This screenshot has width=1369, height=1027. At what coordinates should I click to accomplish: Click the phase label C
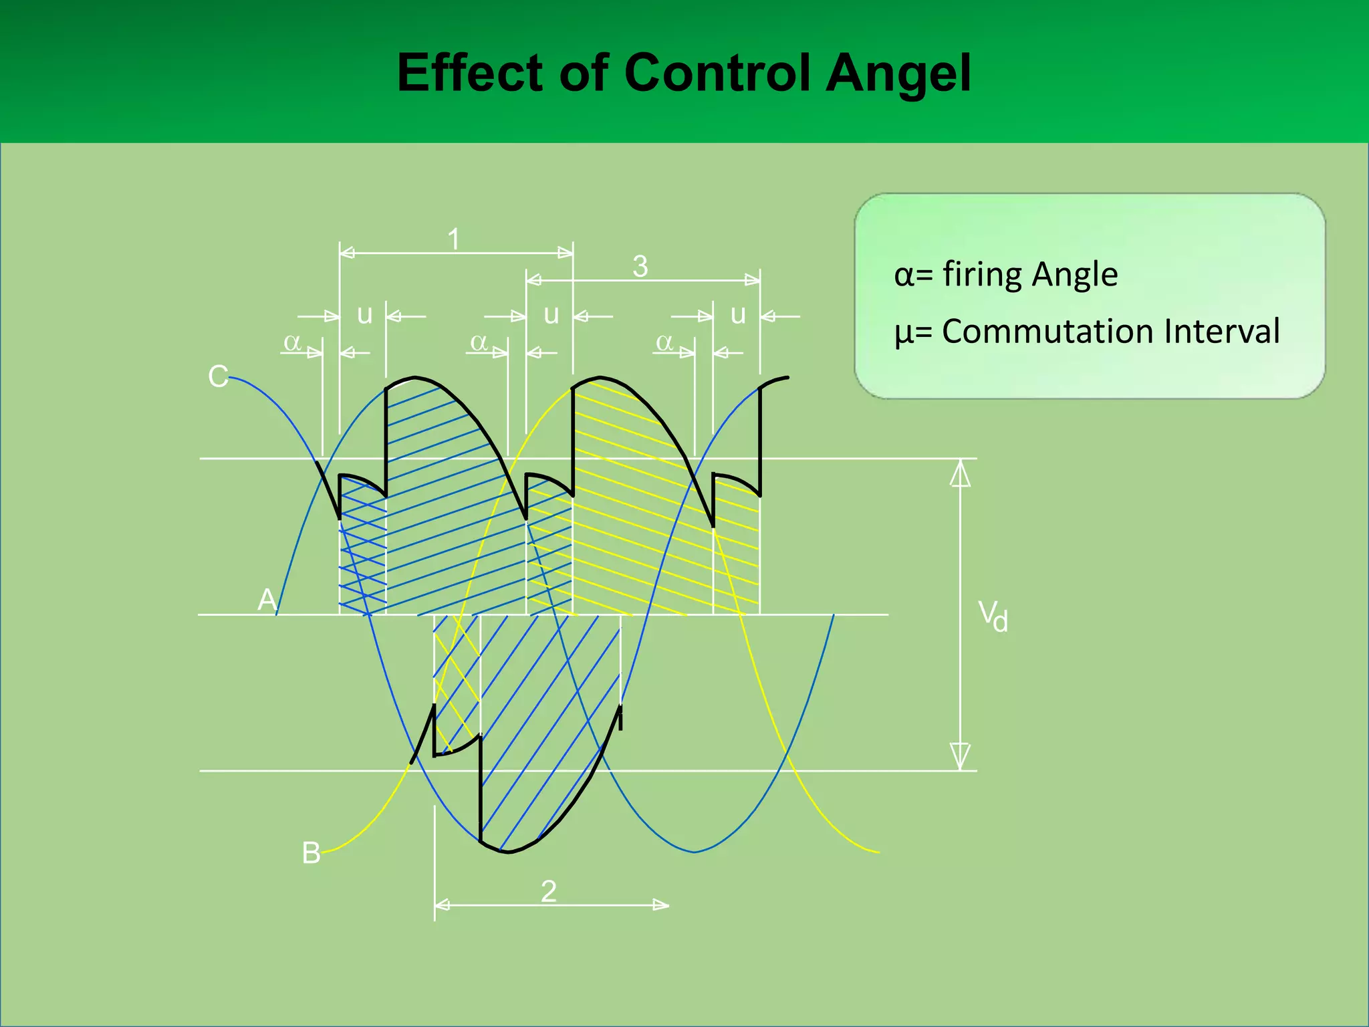pos(218,376)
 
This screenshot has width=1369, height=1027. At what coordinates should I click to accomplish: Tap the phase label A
pos(267,599)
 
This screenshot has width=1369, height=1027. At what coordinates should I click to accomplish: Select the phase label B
pos(311,853)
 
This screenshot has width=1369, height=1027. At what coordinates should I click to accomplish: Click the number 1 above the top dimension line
pos(454,239)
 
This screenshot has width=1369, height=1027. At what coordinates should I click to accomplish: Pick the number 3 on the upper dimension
pos(640,266)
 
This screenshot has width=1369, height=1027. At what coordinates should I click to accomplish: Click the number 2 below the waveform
pos(549,891)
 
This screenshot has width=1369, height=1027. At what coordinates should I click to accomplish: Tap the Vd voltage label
pos(993,615)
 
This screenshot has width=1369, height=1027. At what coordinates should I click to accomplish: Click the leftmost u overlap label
pos(364,314)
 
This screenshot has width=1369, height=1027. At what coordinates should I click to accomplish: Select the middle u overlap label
pos(551,314)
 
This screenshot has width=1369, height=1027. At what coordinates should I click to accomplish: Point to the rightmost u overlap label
pos(738,314)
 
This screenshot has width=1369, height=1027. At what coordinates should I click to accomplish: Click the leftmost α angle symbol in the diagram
pos(292,342)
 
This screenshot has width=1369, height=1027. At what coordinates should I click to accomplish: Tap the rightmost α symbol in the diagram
pos(664,342)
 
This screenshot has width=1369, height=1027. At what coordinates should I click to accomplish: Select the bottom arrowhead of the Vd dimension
pos(961,756)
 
